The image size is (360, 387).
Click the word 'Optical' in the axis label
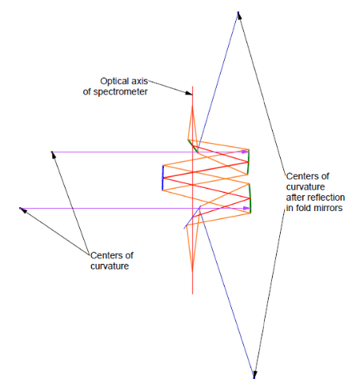(x=112, y=81)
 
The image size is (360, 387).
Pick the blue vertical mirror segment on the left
(x=162, y=178)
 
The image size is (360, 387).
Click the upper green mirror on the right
(x=248, y=162)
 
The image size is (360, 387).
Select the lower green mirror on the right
(x=250, y=198)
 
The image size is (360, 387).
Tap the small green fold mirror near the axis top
(x=193, y=146)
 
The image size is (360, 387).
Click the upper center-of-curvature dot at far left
(x=52, y=152)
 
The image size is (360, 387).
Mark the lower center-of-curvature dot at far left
(x=20, y=208)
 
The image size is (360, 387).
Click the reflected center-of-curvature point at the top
(x=238, y=12)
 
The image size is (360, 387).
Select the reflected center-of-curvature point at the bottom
(x=254, y=377)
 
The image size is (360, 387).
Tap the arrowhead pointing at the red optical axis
(x=189, y=93)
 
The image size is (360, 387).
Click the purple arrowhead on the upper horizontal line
(x=245, y=152)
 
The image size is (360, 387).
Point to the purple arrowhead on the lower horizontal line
(x=246, y=208)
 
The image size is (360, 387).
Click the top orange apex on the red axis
(x=192, y=106)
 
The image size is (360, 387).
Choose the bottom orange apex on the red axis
(x=192, y=271)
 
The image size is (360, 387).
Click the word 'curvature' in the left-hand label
(x=110, y=266)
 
